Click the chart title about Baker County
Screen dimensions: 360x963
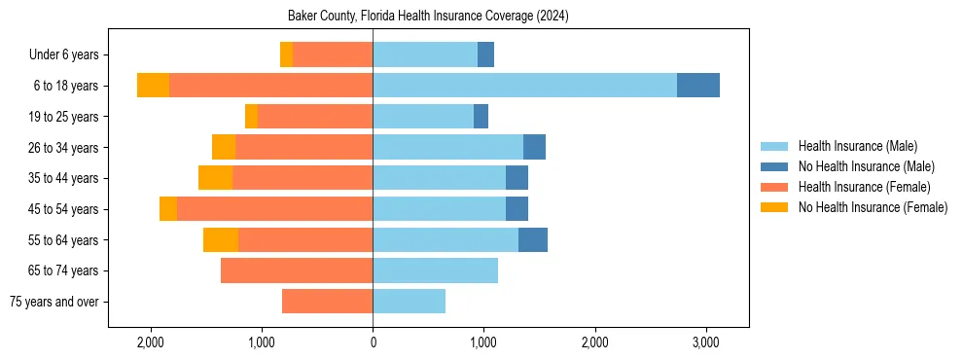(x=428, y=17)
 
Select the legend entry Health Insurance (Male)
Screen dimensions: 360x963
(x=857, y=146)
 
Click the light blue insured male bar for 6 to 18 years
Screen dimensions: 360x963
(x=524, y=86)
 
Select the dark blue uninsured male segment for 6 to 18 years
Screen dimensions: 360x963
(x=698, y=86)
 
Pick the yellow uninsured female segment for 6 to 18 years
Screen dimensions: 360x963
(x=153, y=86)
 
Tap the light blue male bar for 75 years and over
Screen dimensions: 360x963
(x=409, y=302)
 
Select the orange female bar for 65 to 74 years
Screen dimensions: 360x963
(x=297, y=270)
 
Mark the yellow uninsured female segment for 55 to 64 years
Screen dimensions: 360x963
(x=221, y=240)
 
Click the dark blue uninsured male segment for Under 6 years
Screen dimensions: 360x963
(x=485, y=55)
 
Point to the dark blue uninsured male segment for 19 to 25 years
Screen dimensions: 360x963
(x=481, y=117)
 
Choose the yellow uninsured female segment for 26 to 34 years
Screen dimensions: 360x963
(x=224, y=148)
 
